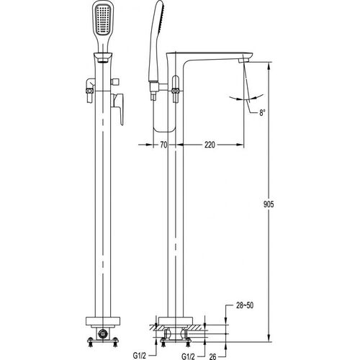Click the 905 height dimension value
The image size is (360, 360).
pyautogui.click(x=269, y=204)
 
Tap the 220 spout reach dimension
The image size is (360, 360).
pyautogui.click(x=210, y=145)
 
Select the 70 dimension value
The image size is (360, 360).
pyautogui.click(x=163, y=145)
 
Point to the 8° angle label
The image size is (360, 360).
pyautogui.click(x=262, y=112)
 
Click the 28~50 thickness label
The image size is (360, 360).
pyautogui.click(x=245, y=305)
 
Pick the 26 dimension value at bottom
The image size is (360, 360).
pyautogui.click(x=212, y=356)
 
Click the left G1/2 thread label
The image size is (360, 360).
pyautogui.click(x=140, y=356)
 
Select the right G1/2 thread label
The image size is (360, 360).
pyautogui.click(x=188, y=356)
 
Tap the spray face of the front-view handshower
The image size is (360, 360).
pyautogui.click(x=103, y=20)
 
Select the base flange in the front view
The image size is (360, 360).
pyautogui.click(x=103, y=321)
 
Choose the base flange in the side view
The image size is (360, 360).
pyautogui.click(x=176, y=321)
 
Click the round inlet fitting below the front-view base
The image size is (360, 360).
pyautogui.click(x=103, y=333)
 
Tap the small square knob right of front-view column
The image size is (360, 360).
pyautogui.click(x=115, y=82)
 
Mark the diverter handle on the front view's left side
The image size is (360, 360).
pyautogui.click(x=90, y=91)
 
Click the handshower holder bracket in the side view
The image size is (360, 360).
pyautogui.click(x=159, y=87)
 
